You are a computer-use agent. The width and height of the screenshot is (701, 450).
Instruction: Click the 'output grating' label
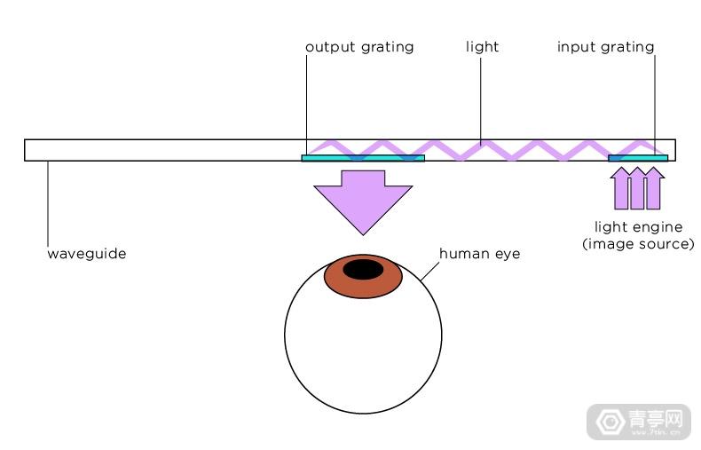coord(359,47)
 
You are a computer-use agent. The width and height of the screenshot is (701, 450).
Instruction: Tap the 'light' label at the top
coord(482,46)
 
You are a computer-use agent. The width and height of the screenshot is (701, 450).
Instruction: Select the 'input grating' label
coord(605,47)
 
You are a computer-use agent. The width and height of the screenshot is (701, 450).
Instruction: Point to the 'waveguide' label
coord(87,254)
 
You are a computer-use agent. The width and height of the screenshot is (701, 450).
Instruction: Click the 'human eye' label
coord(480,254)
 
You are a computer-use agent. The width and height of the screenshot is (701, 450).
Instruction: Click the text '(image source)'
coord(638,244)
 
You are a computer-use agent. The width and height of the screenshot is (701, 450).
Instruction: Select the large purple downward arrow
coord(363,201)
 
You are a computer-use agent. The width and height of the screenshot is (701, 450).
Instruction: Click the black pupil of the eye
coord(363,270)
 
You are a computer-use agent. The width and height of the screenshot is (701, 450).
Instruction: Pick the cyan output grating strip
coord(363,158)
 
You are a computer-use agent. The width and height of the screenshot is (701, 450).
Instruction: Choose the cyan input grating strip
coord(638,158)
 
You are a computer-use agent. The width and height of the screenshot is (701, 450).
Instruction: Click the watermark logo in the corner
coord(639,422)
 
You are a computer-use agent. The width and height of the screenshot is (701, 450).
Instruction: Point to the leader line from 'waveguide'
coord(48,203)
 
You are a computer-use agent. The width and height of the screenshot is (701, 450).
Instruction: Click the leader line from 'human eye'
coord(429,272)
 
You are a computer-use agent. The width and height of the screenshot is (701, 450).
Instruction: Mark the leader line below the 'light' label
coord(481,101)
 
